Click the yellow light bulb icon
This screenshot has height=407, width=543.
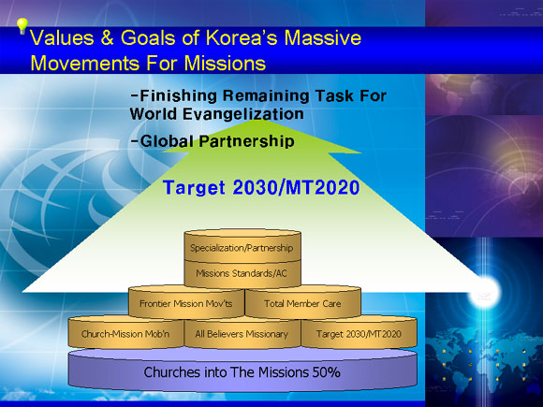click(22, 26)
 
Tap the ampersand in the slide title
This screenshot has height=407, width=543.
click(108, 37)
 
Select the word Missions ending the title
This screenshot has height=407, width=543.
click(225, 63)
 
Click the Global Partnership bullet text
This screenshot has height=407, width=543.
click(213, 141)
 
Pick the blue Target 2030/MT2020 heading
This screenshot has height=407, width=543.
click(261, 188)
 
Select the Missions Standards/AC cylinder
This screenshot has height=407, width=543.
click(242, 274)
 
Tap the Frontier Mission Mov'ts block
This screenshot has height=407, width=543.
click(186, 302)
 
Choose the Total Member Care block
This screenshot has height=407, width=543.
click(302, 302)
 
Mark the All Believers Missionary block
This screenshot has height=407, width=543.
click(242, 333)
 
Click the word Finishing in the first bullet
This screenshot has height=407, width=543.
click(178, 95)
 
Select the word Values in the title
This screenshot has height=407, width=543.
click(63, 37)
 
